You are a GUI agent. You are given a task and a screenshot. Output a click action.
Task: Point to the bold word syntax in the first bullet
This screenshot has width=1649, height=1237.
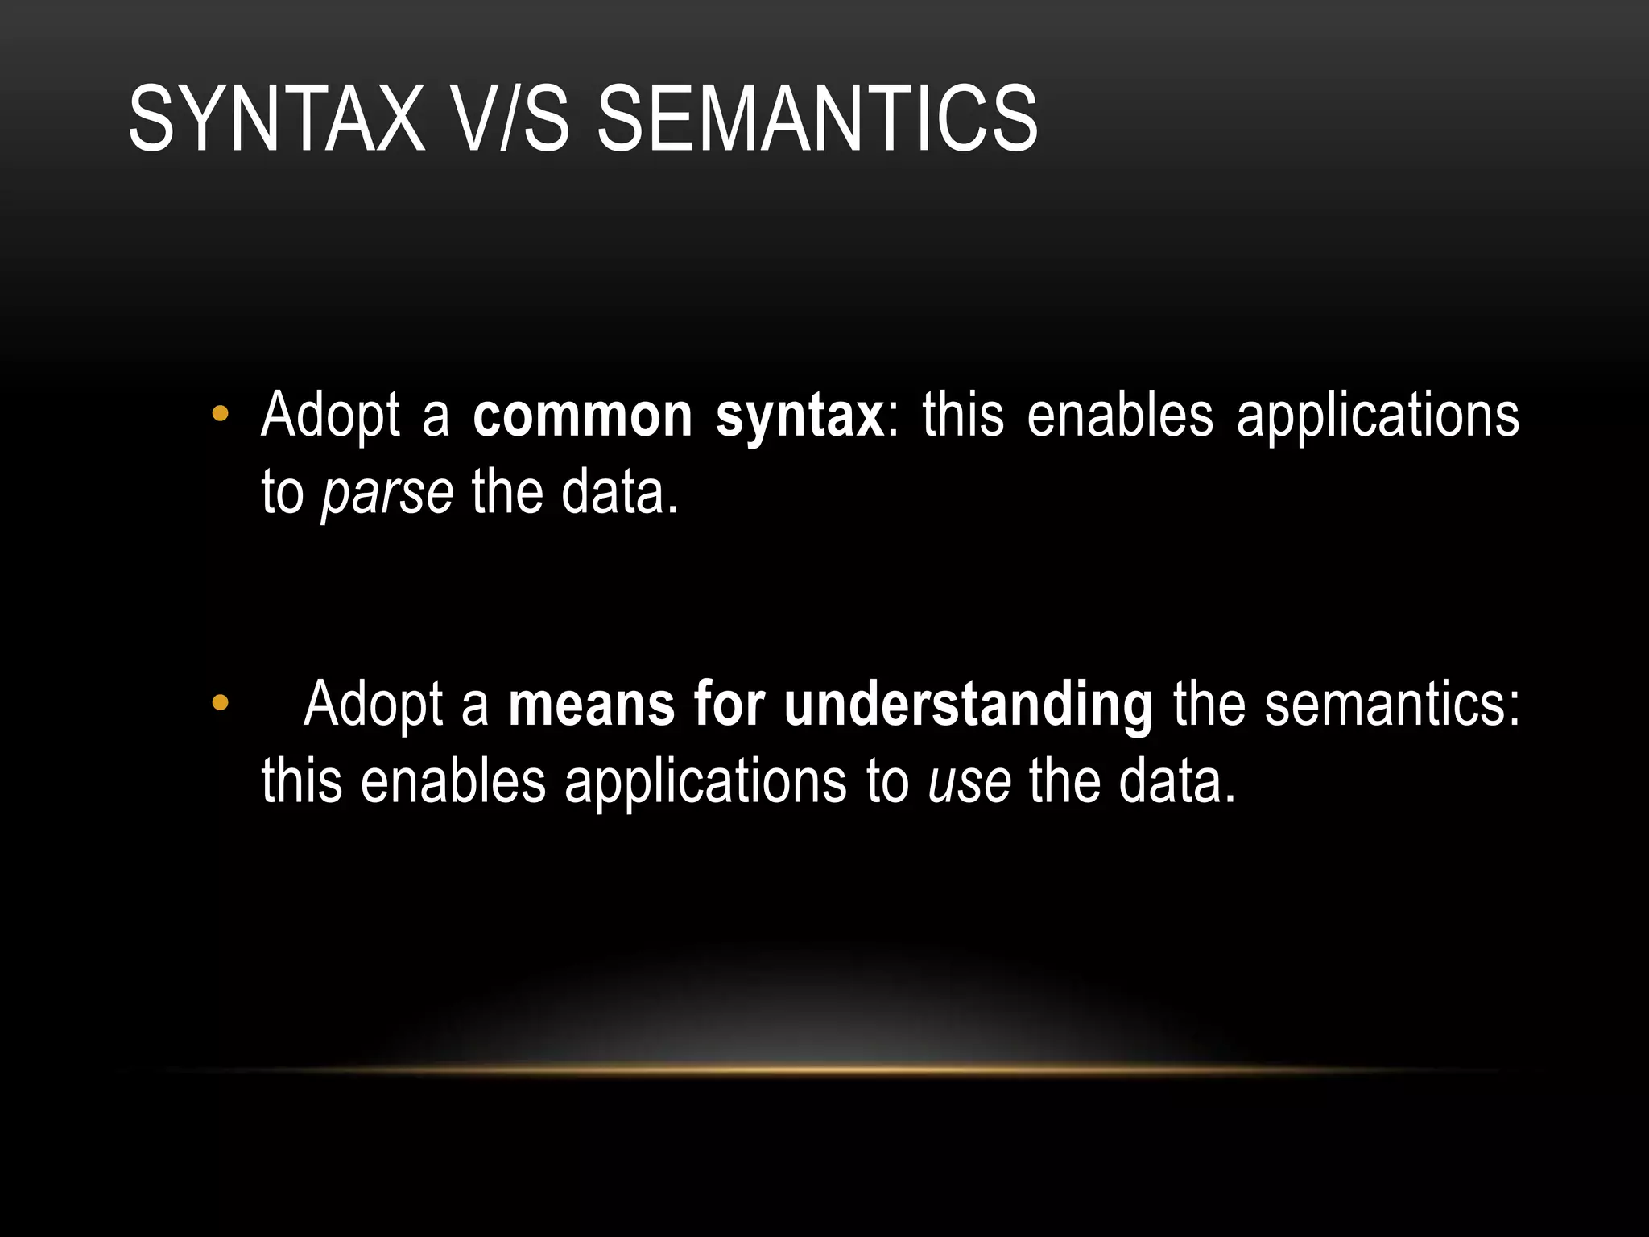[800, 417]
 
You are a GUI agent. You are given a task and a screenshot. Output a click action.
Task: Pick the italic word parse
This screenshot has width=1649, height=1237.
[387, 493]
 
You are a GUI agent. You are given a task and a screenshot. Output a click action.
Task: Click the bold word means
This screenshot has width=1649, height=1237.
[592, 704]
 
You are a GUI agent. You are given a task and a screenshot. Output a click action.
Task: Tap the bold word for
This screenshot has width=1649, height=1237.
[729, 704]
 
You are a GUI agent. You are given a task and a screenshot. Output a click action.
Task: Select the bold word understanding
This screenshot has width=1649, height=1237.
[968, 705]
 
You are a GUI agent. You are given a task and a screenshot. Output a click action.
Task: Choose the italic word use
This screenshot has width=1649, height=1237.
[969, 781]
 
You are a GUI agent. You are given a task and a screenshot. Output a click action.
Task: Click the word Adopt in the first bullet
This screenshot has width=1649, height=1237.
[330, 416]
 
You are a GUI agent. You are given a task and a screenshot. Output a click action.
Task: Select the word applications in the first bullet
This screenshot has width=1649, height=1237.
[1378, 416]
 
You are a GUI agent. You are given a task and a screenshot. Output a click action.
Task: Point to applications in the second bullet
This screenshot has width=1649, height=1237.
[706, 782]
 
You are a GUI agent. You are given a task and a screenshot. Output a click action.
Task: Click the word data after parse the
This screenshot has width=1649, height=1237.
[619, 492]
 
